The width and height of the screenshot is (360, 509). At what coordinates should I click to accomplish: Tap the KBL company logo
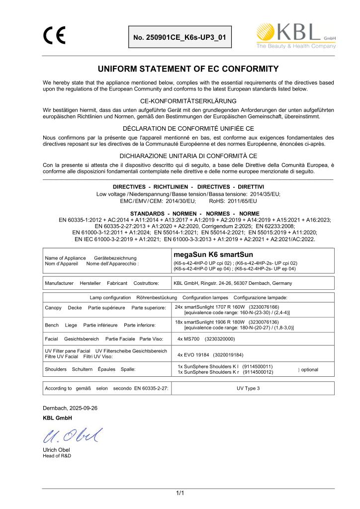pyautogui.click(x=295, y=36)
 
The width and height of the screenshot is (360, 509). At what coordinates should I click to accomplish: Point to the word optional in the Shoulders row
pyautogui.click(x=309, y=369)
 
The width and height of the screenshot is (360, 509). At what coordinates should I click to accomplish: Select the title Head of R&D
pyautogui.click(x=57, y=456)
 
